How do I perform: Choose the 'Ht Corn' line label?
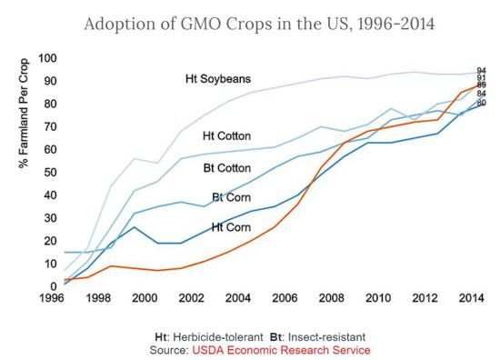pos(232,226)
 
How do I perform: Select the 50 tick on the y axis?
pos(51,173)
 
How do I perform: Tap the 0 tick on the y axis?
pos(54,286)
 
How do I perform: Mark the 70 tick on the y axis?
pos(51,127)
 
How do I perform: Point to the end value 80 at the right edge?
pos(482,103)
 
